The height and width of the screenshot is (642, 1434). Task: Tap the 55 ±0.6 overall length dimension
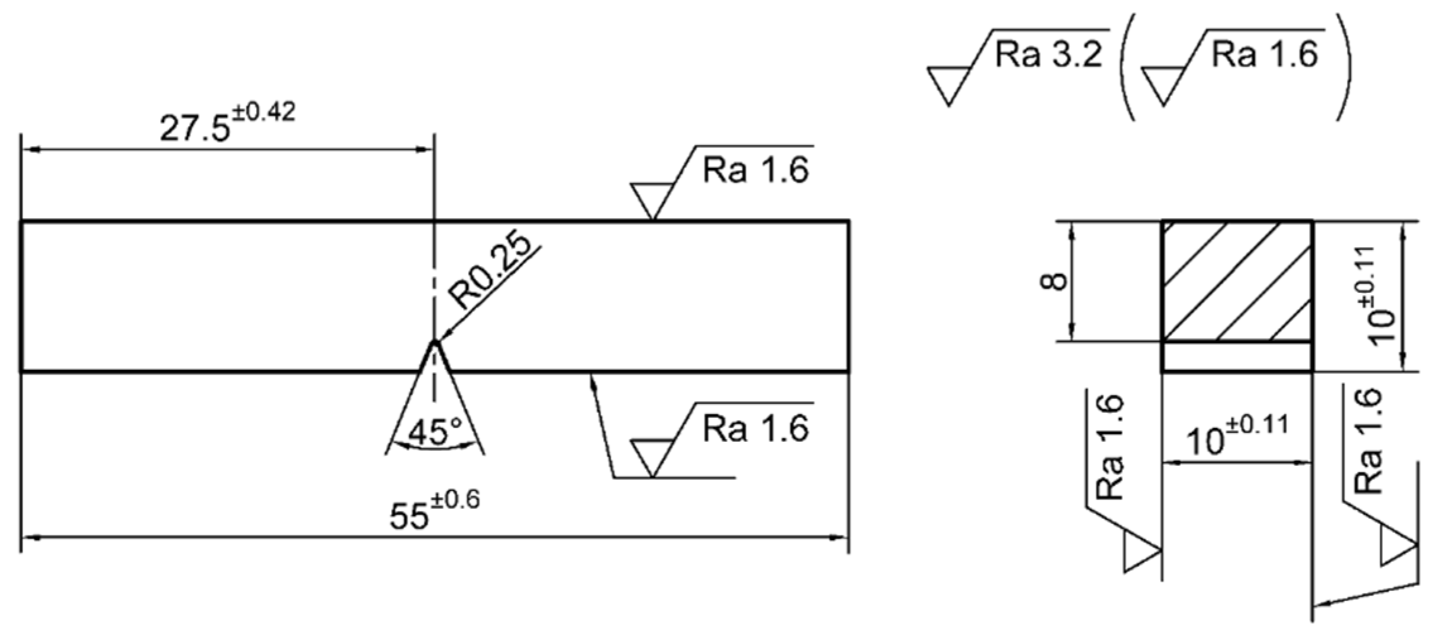pyautogui.click(x=434, y=510)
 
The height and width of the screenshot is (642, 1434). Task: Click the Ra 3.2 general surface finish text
pyautogui.click(x=1048, y=55)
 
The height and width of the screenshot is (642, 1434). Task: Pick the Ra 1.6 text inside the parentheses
pyautogui.click(x=1264, y=55)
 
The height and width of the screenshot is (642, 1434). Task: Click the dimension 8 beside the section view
pyautogui.click(x=1053, y=280)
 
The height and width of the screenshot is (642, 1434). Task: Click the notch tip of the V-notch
pyautogui.click(x=434, y=342)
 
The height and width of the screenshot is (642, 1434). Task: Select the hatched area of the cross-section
pyautogui.click(x=1237, y=281)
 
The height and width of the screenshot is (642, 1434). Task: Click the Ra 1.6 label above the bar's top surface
pyautogui.click(x=755, y=170)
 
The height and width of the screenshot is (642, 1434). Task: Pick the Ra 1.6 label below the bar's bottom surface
pyautogui.click(x=755, y=429)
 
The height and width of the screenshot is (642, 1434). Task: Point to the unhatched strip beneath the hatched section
pyautogui.click(x=1237, y=357)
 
